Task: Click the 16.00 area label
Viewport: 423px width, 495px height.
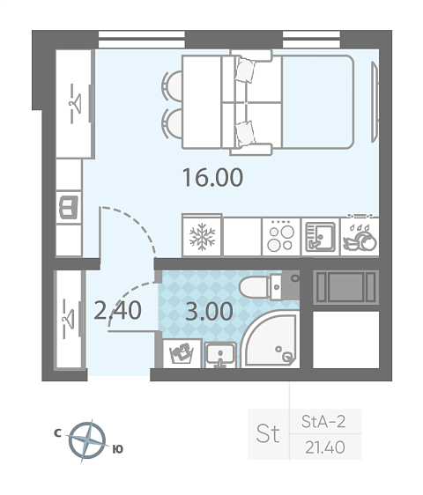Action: (213, 177)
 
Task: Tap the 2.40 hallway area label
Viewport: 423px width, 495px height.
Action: (117, 311)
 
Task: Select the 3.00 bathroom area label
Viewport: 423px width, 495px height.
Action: (209, 311)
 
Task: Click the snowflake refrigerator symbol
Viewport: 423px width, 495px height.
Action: (202, 237)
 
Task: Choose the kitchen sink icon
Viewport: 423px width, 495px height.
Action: (320, 237)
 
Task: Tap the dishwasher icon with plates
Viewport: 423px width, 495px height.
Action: (360, 239)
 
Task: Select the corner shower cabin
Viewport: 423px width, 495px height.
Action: (271, 340)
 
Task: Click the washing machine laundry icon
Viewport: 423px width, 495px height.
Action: (182, 353)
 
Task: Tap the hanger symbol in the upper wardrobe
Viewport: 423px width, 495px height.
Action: (76, 103)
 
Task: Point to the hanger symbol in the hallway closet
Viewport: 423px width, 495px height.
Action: (68, 319)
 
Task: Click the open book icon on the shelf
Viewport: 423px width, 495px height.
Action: (69, 207)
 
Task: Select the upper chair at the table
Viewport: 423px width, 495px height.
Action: (172, 85)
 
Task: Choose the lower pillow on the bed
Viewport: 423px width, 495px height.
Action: (245, 133)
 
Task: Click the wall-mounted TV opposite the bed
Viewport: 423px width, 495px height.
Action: (375, 101)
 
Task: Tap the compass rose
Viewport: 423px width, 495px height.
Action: (87, 440)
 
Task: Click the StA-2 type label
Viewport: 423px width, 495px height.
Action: (323, 421)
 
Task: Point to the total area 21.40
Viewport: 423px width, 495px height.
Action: (325, 447)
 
